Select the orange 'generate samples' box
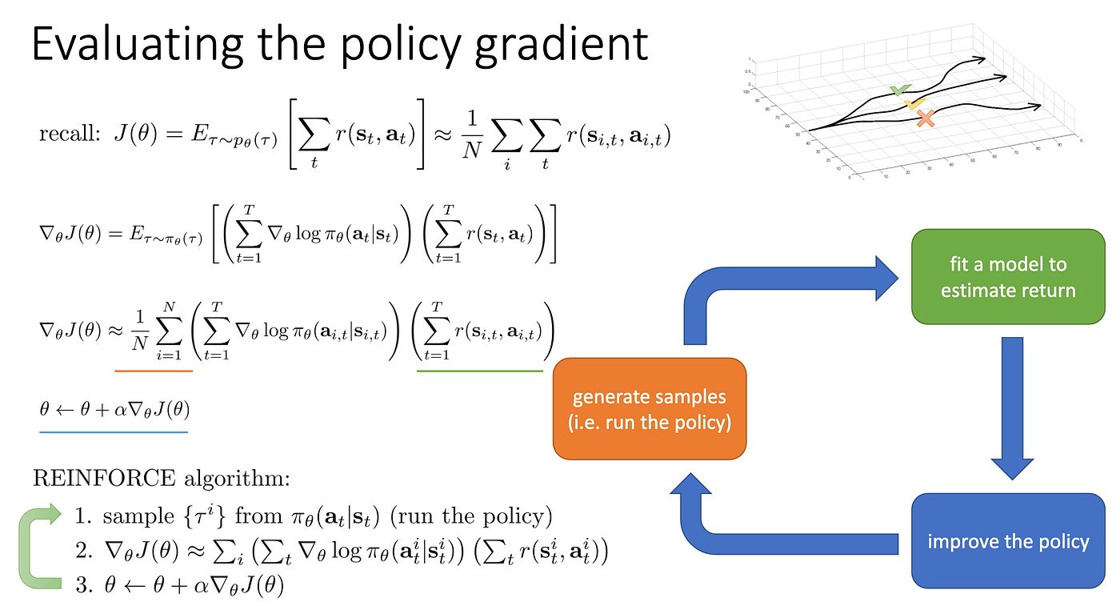point(650,409)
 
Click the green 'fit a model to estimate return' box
point(1008,276)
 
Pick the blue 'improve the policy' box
point(1008,541)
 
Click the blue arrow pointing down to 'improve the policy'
point(1013,408)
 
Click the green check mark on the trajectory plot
point(900,90)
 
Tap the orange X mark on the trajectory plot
point(926,119)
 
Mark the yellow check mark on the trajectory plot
point(914,104)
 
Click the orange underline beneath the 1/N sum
point(154,371)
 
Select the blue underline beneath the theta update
point(113,431)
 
